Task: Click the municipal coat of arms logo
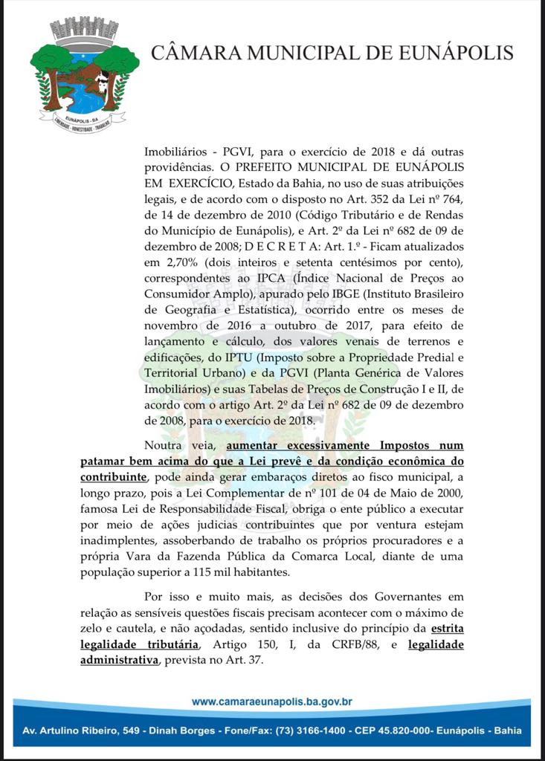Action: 84,74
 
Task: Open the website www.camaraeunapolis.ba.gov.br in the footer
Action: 271,702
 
